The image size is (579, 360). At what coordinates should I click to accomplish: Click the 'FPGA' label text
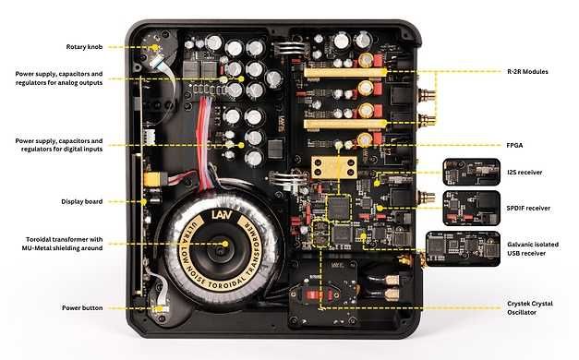515,144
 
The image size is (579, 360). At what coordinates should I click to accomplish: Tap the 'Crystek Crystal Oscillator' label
536,307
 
